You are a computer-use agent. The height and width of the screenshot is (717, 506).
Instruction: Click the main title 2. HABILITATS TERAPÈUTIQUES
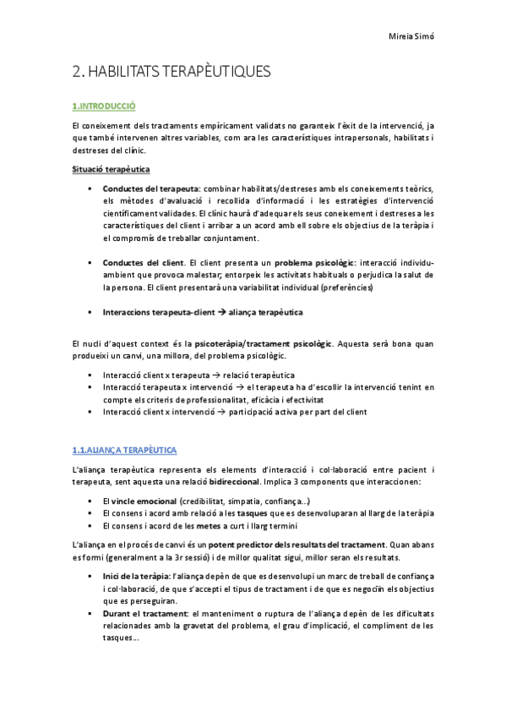pos(171,72)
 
